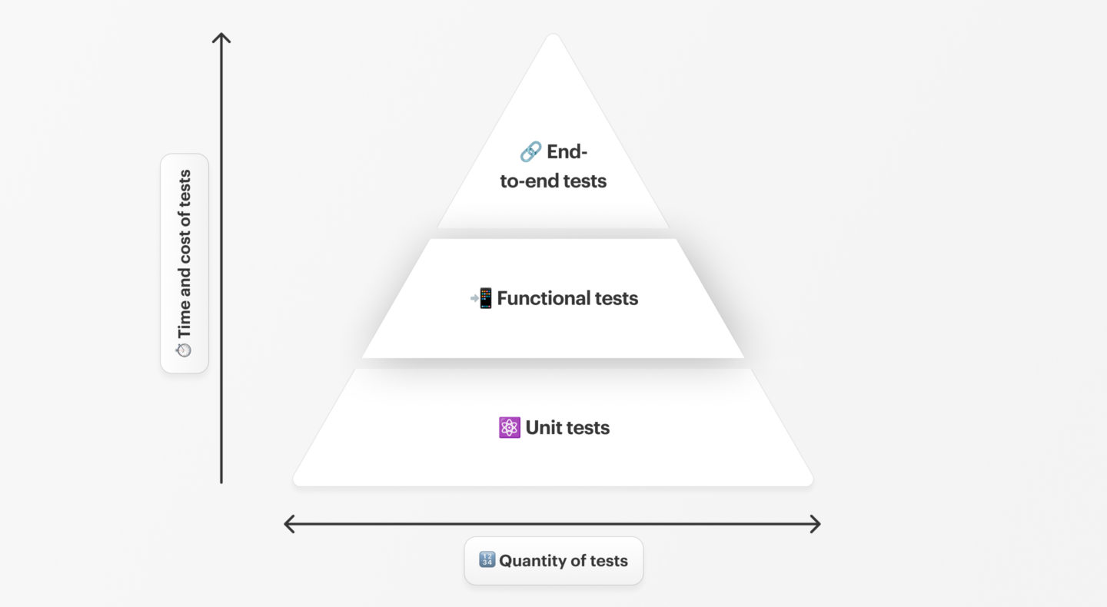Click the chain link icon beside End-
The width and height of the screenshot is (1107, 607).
[x=530, y=152]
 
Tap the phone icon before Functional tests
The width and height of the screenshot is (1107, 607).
[x=482, y=298]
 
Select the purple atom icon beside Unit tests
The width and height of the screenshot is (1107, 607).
[x=509, y=428]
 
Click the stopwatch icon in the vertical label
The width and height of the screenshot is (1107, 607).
[x=184, y=350]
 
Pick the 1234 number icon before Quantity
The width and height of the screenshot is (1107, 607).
[x=487, y=560]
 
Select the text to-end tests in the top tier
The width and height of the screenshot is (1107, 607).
[x=553, y=181]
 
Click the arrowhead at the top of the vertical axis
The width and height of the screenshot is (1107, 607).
[x=221, y=36]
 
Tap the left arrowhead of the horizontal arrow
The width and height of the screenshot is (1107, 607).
[x=288, y=524]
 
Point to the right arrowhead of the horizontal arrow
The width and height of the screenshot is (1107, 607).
[x=817, y=524]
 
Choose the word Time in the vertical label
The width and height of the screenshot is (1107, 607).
[x=184, y=320]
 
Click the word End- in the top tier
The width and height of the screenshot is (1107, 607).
[x=567, y=152]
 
